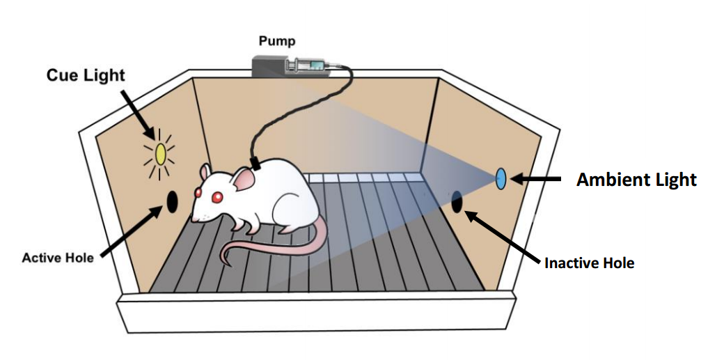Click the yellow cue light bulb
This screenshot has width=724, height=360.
(x=160, y=153)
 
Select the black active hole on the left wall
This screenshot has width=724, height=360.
(x=171, y=201)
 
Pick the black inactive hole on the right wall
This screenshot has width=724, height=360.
(x=457, y=201)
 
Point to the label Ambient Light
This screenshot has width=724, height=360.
(x=636, y=180)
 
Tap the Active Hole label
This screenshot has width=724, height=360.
(x=58, y=258)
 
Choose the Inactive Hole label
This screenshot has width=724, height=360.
(x=589, y=263)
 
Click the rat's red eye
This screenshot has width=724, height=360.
(x=217, y=197)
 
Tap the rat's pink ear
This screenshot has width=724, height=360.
(x=243, y=180)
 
